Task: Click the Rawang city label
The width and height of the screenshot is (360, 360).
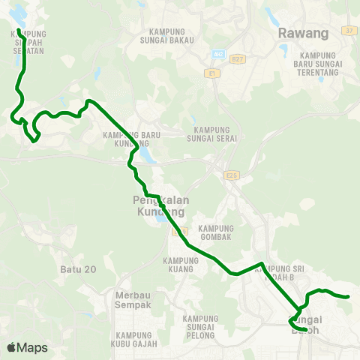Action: pyautogui.click(x=303, y=33)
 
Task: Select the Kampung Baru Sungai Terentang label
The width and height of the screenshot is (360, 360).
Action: pyautogui.click(x=320, y=64)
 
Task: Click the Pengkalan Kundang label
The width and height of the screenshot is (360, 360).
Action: pyautogui.click(x=158, y=206)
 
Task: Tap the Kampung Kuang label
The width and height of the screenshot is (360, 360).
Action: pyautogui.click(x=179, y=264)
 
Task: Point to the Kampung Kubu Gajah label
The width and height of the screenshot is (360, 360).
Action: pyautogui.click(x=136, y=339)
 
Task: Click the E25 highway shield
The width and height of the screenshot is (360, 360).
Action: pyautogui.click(x=230, y=175)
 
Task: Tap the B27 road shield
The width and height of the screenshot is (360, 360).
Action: pyautogui.click(x=238, y=58)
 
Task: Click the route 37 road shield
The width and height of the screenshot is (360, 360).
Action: pyautogui.click(x=347, y=31)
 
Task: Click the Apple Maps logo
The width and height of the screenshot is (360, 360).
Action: pyautogui.click(x=27, y=347)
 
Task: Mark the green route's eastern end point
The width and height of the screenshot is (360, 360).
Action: pyautogui.click(x=349, y=297)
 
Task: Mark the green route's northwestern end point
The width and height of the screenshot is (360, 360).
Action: pyautogui.click(x=18, y=30)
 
